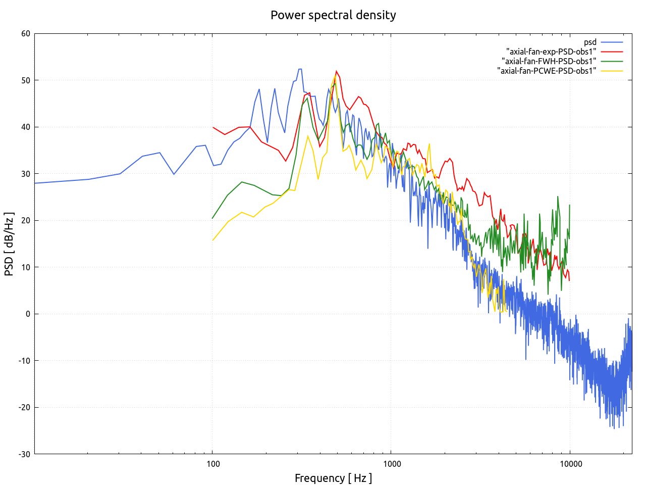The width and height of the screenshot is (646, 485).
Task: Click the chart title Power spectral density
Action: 333,15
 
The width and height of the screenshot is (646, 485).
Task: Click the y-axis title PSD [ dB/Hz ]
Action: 9,244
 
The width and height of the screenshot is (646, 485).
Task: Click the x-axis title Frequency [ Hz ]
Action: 333,478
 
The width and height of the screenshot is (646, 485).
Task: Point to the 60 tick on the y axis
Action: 26,34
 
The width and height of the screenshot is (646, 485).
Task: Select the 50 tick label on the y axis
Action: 26,80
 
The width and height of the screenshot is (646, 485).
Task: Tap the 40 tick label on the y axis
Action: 26,127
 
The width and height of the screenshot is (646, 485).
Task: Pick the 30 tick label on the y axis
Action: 26,174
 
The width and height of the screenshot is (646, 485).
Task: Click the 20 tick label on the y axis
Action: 26,221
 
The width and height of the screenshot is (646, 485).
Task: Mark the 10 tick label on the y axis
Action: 26,267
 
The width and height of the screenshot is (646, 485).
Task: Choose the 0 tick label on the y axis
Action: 28,314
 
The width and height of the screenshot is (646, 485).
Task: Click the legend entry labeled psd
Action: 590,42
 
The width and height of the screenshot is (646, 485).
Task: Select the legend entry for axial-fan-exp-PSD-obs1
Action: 551,52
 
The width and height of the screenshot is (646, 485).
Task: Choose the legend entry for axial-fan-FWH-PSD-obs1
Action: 549,61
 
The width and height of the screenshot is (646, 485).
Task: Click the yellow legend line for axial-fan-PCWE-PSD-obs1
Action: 612,71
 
